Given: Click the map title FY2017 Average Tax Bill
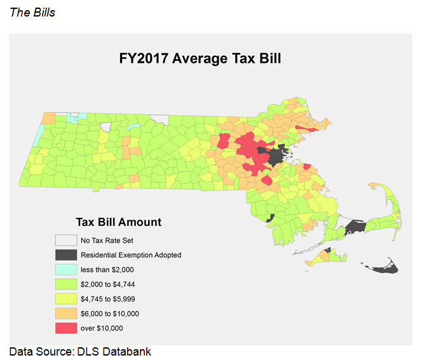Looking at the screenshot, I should [x=200, y=59].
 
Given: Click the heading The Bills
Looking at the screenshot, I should [x=32, y=12].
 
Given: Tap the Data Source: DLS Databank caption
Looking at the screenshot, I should [x=80, y=351].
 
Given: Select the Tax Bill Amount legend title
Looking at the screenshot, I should [x=119, y=222].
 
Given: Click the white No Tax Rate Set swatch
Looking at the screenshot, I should [x=64, y=240].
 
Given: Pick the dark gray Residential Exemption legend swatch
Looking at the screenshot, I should [x=64, y=255].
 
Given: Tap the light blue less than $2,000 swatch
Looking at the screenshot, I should [x=64, y=269].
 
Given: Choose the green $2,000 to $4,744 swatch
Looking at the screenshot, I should [x=64, y=284].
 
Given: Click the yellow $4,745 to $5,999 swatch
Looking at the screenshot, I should [x=64, y=298].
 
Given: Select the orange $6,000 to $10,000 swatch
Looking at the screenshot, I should [x=64, y=313].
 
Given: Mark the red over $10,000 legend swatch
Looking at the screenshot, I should [x=64, y=328].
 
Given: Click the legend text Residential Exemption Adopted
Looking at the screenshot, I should [x=131, y=255].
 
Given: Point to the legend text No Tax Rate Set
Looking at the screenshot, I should [x=107, y=241].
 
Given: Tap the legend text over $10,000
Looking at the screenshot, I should [x=102, y=328].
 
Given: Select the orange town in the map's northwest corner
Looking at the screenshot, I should [x=48, y=118].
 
